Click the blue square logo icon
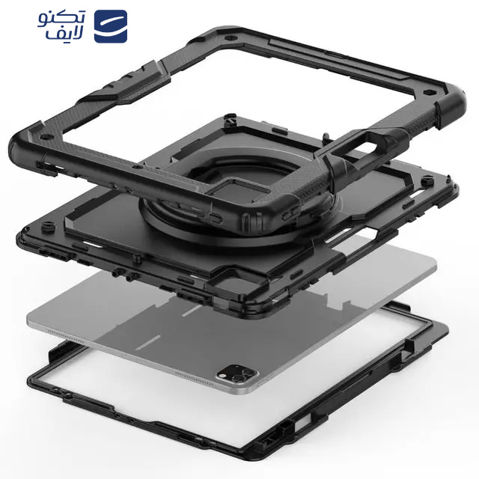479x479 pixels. pos(111,26)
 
